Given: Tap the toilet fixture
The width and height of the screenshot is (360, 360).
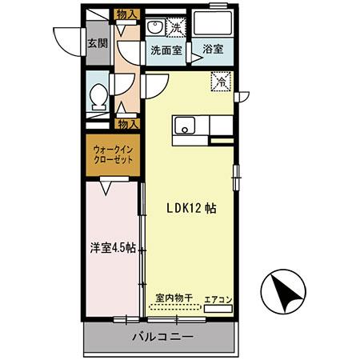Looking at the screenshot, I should [98, 97].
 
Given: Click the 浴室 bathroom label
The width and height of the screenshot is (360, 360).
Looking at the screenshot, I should [212, 50].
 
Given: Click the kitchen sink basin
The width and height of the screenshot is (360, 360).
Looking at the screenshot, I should [185, 125].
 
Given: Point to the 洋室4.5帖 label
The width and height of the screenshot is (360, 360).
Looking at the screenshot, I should [111, 247].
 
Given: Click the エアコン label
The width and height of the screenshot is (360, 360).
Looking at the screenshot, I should [218, 299].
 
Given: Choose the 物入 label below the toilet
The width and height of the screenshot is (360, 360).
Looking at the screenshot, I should [128, 124].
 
